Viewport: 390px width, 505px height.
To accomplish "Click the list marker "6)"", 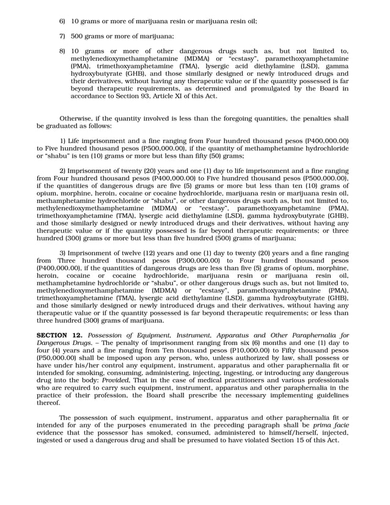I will point(62,21).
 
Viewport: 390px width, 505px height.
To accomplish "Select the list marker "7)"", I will point(62,37).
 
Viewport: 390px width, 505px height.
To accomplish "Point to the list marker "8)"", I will point(62,51).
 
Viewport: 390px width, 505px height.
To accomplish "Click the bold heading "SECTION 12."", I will point(60,336).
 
